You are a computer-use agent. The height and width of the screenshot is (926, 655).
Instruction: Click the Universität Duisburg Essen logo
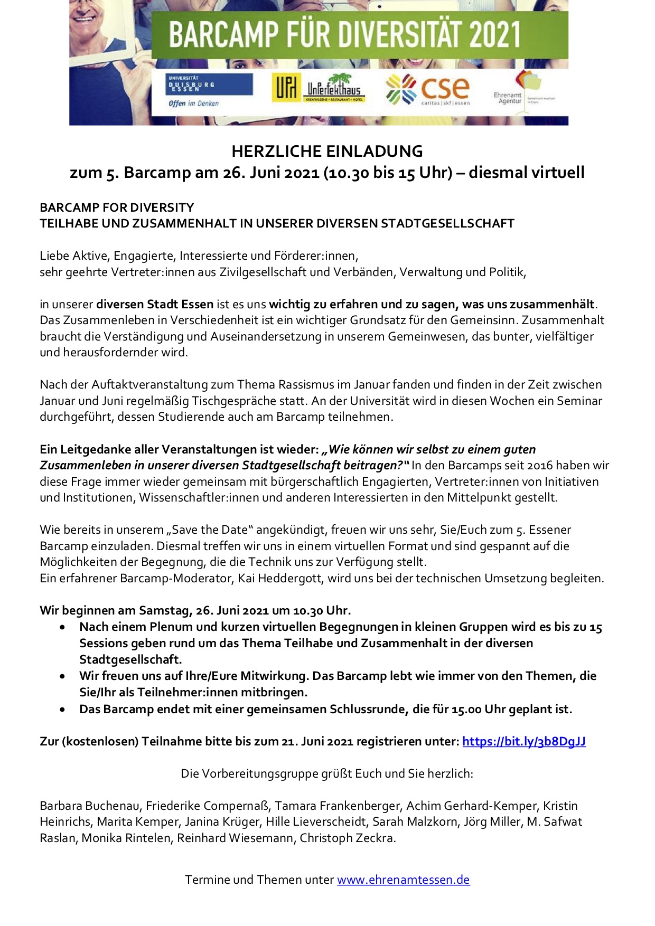(210, 89)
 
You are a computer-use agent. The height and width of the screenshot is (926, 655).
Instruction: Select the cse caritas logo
(428, 89)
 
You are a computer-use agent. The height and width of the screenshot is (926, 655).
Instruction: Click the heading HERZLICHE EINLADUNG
(327, 152)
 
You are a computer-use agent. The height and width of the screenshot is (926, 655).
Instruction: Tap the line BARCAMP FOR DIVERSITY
(117, 207)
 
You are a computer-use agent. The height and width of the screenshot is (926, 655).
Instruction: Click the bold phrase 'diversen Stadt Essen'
(155, 304)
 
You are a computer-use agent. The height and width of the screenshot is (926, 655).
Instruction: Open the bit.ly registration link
(524, 741)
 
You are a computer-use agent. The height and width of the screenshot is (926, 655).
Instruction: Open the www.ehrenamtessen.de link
(403, 880)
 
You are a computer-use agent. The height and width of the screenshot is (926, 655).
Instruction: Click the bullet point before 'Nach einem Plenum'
(63, 627)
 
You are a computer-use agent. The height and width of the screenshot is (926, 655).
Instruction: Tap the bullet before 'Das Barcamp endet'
(63, 709)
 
